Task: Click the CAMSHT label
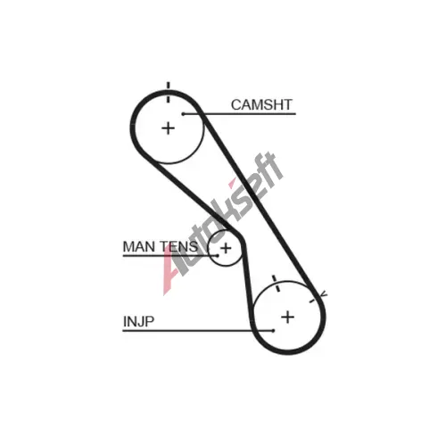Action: [x=261, y=104]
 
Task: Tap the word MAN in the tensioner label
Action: [x=138, y=247]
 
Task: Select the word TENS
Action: [x=178, y=247]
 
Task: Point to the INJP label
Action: [x=138, y=321]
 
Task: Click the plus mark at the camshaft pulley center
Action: [x=168, y=128]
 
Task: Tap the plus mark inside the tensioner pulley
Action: [x=226, y=248]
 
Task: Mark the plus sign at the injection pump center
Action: [x=288, y=317]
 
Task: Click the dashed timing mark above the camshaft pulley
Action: [x=169, y=92]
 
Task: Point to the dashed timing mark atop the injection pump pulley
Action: [x=277, y=284]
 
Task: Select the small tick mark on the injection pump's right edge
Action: [x=312, y=301]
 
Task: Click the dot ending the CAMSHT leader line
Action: [x=184, y=113]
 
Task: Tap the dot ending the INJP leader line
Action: [x=273, y=330]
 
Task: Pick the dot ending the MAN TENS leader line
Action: [x=218, y=255]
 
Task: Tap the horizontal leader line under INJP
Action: [x=198, y=330]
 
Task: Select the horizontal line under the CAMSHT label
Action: [x=240, y=113]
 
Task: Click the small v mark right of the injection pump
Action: [x=324, y=294]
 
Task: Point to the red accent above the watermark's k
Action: [x=233, y=183]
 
